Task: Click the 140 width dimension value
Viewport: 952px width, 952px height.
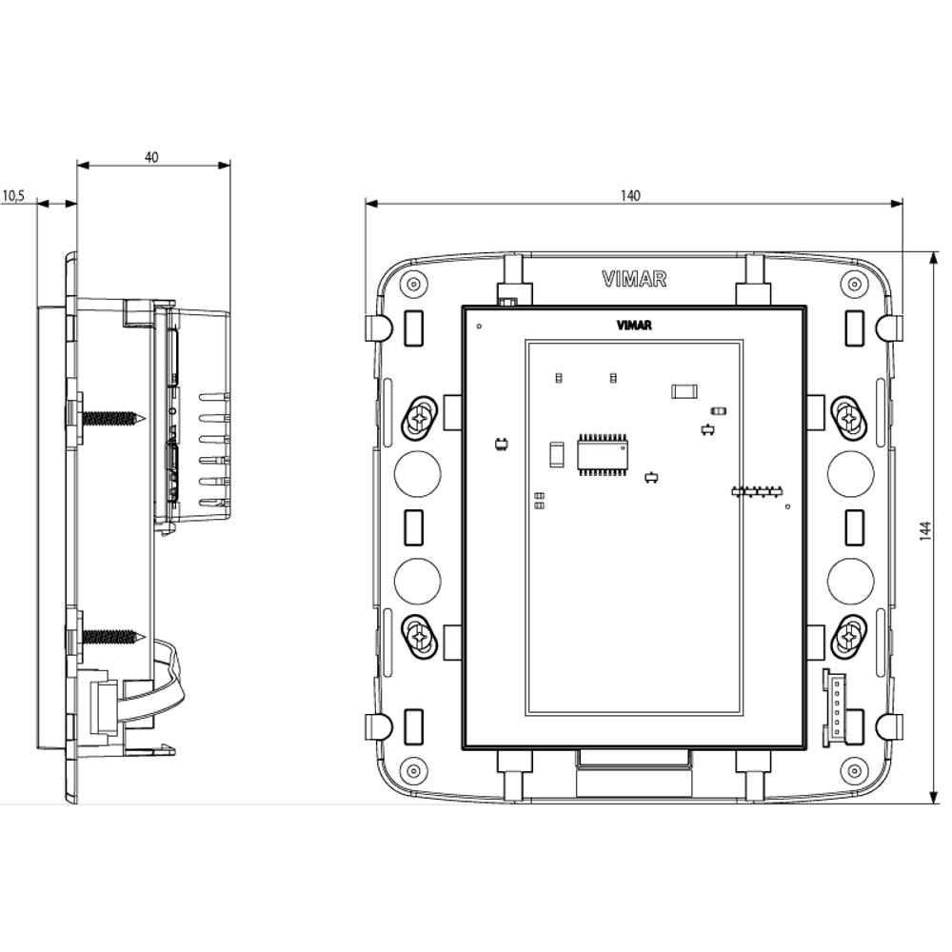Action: click(630, 195)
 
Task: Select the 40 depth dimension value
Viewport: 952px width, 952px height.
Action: click(151, 157)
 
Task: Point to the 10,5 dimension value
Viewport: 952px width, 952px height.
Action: click(12, 196)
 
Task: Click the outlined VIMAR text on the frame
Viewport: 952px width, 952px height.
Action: click(634, 279)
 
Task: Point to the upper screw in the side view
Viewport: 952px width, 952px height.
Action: click(112, 417)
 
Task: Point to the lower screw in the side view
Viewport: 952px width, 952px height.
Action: click(112, 635)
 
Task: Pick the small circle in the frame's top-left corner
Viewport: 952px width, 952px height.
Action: click(412, 284)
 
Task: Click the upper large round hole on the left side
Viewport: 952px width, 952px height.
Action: click(417, 473)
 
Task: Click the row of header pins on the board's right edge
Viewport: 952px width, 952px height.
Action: click(756, 492)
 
